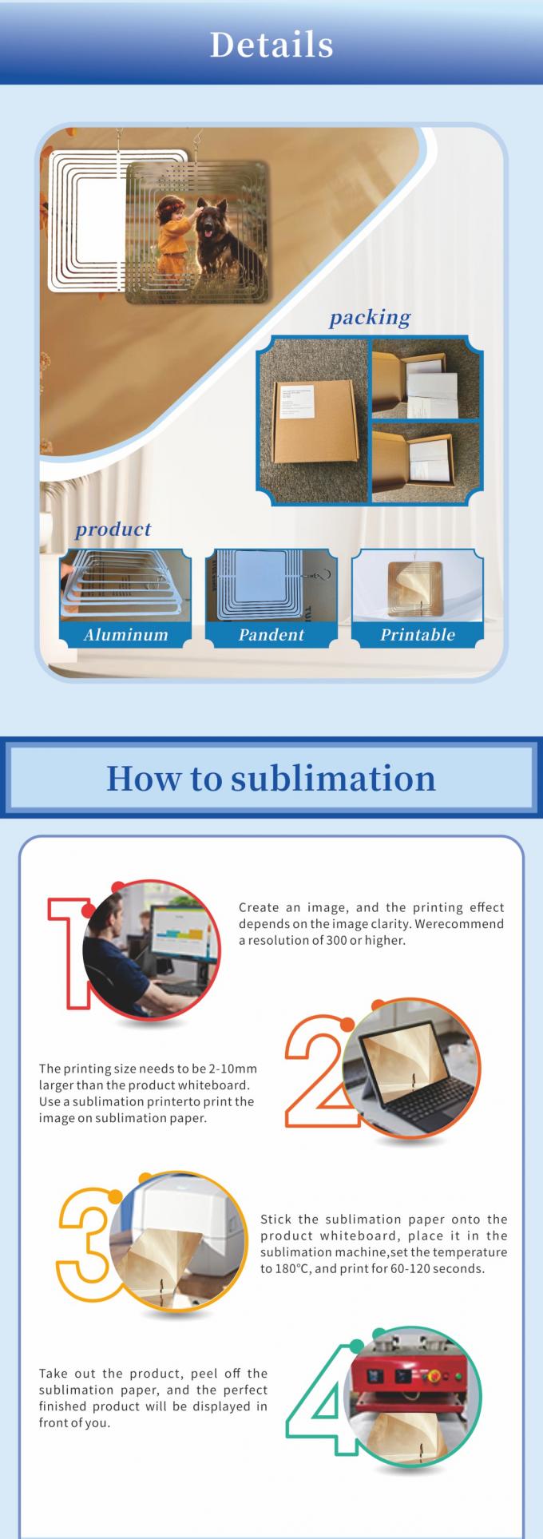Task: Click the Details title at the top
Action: click(271, 45)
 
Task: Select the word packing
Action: click(370, 317)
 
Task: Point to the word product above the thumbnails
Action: click(113, 529)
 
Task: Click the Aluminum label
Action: click(125, 635)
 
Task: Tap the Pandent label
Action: click(271, 635)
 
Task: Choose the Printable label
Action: click(418, 635)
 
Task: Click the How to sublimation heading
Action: click(271, 777)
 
